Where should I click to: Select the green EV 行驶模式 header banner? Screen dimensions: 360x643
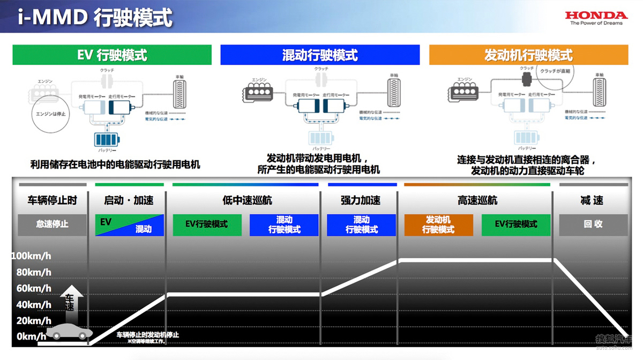pyautogui.click(x=112, y=55)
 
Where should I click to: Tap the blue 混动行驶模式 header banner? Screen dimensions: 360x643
pyautogui.click(x=320, y=55)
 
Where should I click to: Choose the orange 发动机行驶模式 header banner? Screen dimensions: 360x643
pyautogui.click(x=528, y=55)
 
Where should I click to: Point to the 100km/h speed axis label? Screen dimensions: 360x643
pyautogui.click(x=31, y=256)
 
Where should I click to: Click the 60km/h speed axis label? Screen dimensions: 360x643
pyautogui.click(x=31, y=288)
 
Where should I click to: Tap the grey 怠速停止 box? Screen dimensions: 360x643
pyautogui.click(x=53, y=224)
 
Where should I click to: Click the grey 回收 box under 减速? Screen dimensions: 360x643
pyautogui.click(x=593, y=224)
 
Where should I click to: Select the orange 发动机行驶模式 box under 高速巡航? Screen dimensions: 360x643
pyautogui.click(x=438, y=224)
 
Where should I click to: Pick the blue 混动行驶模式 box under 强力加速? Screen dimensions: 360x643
pyautogui.click(x=361, y=224)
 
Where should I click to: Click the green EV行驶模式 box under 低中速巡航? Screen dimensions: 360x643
pyautogui.click(x=207, y=224)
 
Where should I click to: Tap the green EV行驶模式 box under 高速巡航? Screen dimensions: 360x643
pyautogui.click(x=515, y=224)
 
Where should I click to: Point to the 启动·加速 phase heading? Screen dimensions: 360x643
pyautogui.click(x=129, y=200)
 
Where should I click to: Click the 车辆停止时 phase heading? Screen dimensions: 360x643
pyautogui.click(x=53, y=200)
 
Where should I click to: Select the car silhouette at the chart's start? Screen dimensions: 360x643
pyautogui.click(x=69, y=332)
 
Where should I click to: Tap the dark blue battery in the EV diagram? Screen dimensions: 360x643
pyautogui.click(x=107, y=140)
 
